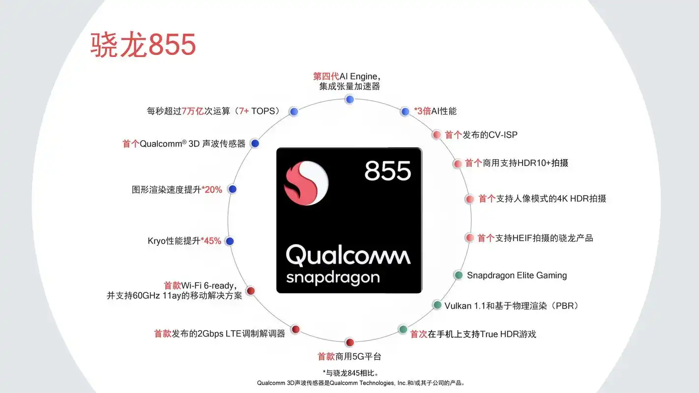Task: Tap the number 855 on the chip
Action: tap(387, 171)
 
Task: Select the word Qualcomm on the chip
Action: tap(348, 255)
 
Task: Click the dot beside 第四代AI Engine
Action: tap(349, 100)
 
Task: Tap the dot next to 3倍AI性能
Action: tap(405, 112)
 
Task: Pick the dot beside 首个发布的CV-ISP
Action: tap(437, 135)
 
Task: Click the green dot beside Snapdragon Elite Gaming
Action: tap(459, 275)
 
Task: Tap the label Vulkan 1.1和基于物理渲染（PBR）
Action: tap(512, 306)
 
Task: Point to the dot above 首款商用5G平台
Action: tap(349, 342)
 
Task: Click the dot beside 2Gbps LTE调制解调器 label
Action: tap(295, 329)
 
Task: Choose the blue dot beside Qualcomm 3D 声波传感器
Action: tap(255, 143)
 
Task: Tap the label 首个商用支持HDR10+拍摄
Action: tap(517, 163)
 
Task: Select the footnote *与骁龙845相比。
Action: tap(350, 372)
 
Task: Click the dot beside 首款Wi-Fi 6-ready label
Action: tap(250, 290)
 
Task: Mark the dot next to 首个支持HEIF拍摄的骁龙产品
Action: tap(469, 238)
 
